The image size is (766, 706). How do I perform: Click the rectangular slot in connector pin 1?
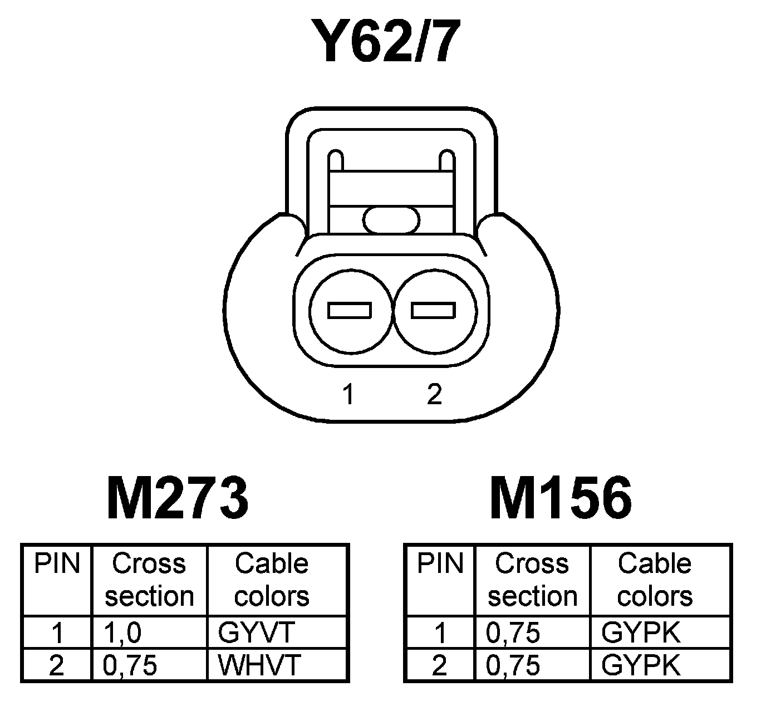coord(350,310)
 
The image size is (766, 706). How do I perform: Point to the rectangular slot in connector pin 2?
coord(433,310)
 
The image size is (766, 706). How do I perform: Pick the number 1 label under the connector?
coord(348,394)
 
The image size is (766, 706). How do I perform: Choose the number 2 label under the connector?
coord(434,394)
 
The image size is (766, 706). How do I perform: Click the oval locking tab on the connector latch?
coord(391,219)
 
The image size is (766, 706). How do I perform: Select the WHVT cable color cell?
coord(259,665)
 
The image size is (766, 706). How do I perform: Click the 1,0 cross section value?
coord(122,633)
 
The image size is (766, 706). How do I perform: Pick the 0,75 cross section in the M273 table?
coord(130,665)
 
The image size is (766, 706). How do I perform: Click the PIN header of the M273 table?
coord(57,563)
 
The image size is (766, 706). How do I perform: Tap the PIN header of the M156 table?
coord(440,563)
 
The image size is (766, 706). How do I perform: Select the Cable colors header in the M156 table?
coord(655,580)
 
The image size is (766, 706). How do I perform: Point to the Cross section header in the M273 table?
coord(149,580)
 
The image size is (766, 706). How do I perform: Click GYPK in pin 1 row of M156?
coord(641,633)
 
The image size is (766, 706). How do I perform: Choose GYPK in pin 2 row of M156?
coord(641,665)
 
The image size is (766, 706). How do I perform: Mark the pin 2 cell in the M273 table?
coord(56,665)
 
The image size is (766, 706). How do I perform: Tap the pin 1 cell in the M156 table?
coord(440,633)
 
